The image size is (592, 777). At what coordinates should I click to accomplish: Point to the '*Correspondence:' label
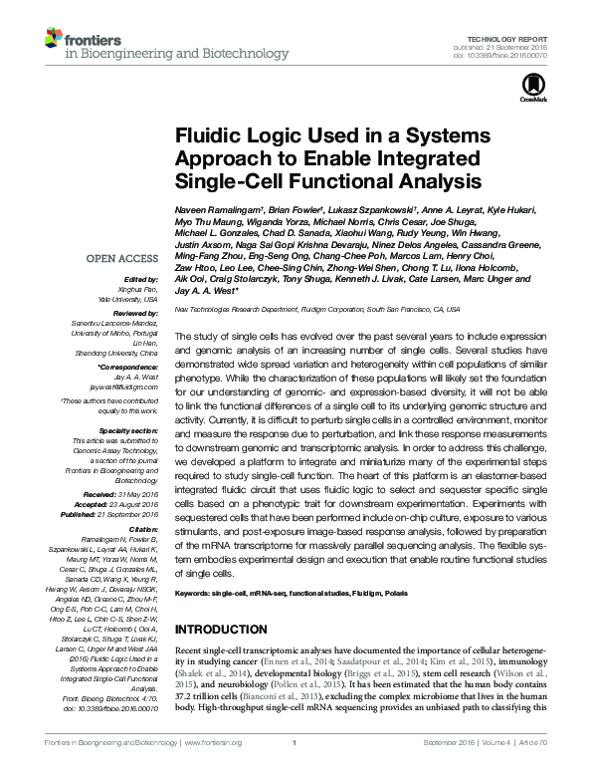pos(129,368)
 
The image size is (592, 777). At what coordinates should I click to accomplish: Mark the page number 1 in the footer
pos(296,769)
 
